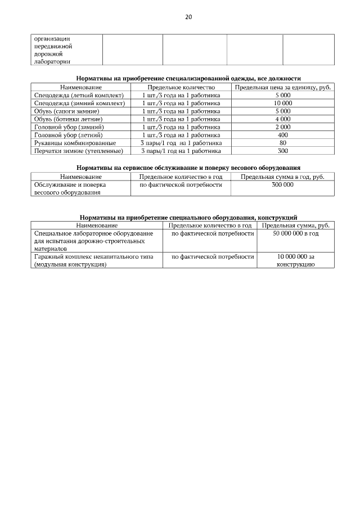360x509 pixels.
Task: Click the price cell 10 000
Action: pos(283,103)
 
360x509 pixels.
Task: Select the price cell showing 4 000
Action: pos(283,119)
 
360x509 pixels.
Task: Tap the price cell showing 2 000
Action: pos(283,127)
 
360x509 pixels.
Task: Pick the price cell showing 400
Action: pos(283,135)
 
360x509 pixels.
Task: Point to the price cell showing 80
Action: pos(283,143)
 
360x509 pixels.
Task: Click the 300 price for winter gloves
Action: pos(283,151)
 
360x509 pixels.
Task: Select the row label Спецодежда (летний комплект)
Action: pos(79,96)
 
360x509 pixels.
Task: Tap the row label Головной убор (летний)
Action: pos(69,135)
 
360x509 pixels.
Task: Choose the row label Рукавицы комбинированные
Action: pos(75,143)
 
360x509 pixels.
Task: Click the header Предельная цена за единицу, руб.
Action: pos(283,88)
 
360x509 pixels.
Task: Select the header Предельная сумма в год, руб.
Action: pos(283,177)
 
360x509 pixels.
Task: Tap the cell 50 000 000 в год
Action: pos(296,233)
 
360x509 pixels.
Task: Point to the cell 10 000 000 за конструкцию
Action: pos(296,260)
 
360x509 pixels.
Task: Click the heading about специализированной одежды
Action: pos(188,79)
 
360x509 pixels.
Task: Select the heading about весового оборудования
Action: pos(188,168)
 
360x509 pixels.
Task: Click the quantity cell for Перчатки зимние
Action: pos(181,151)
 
